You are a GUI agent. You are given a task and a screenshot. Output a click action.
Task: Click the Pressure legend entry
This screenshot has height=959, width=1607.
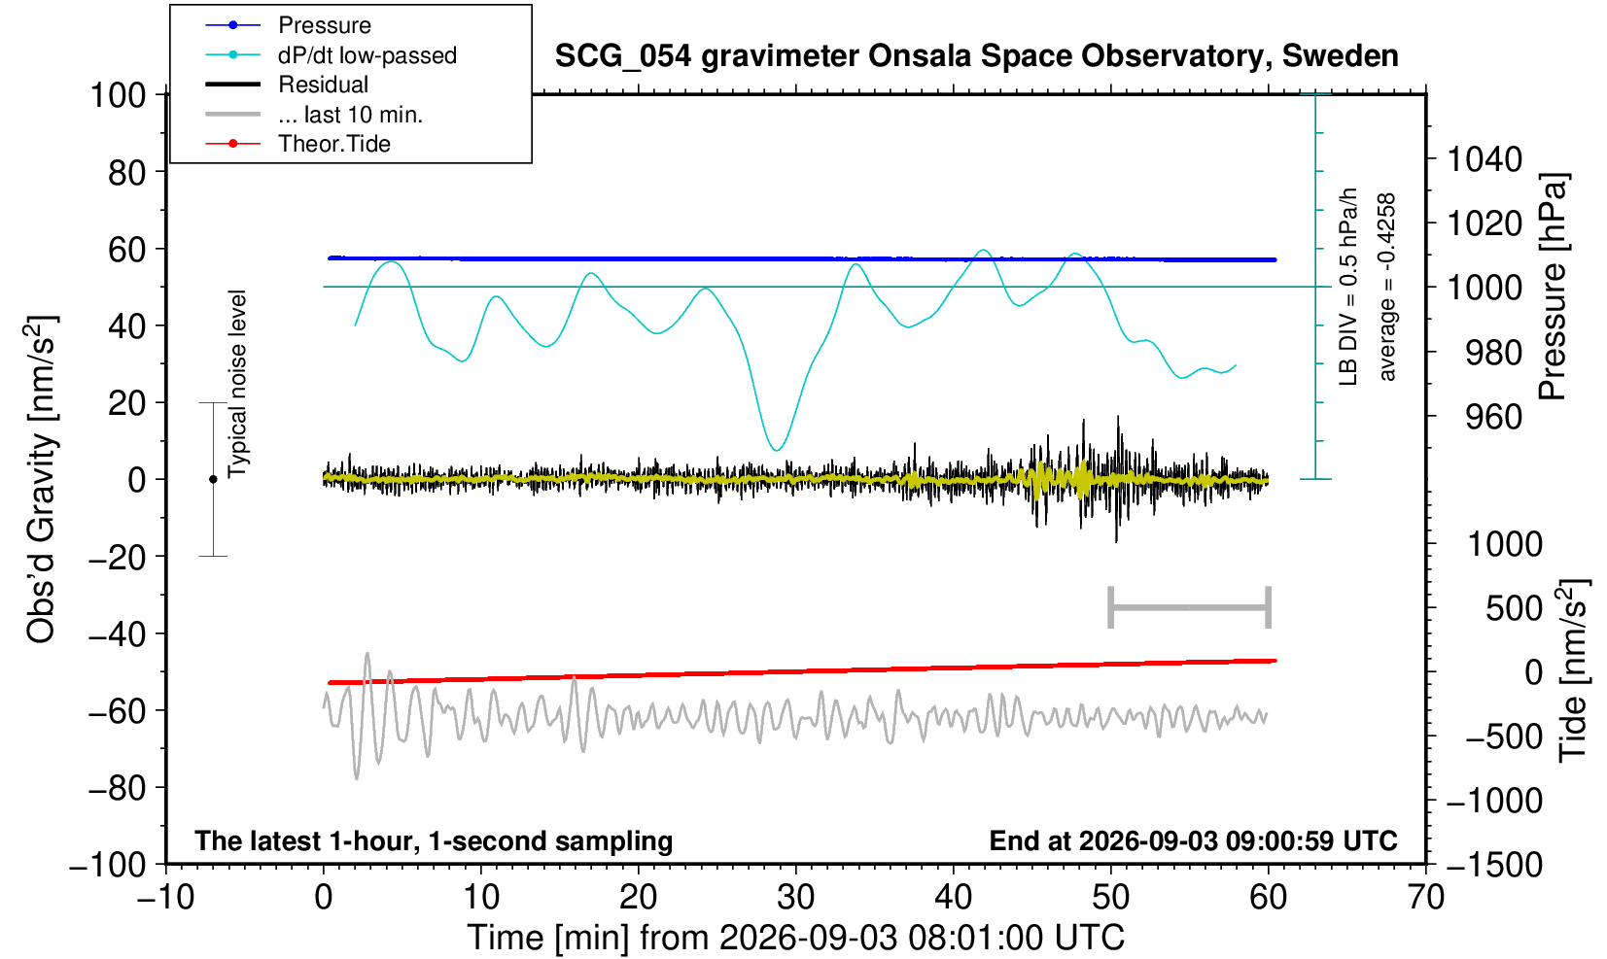[325, 25]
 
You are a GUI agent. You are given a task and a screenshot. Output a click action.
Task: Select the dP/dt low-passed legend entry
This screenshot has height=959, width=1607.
[367, 55]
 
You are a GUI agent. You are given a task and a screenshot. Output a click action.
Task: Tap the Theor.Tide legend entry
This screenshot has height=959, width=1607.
[334, 144]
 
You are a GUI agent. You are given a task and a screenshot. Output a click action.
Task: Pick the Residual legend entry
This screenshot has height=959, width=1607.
[323, 85]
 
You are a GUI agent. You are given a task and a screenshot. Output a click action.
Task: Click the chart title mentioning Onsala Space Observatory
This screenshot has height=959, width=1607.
[976, 56]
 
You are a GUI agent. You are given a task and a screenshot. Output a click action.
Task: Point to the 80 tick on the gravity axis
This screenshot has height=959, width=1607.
[127, 172]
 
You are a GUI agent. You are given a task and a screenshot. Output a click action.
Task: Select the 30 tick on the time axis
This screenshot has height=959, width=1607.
[795, 897]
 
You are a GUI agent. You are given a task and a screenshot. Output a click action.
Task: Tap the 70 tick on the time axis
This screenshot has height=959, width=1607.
[1425, 897]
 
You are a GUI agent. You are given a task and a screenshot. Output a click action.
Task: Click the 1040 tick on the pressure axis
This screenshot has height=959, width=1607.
[1485, 158]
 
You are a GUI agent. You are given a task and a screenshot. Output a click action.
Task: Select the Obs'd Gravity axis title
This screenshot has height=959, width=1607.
[41, 478]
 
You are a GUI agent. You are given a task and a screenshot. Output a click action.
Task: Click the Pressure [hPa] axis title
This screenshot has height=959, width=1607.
[1554, 287]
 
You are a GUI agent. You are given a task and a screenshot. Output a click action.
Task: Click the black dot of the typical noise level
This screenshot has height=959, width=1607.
[213, 479]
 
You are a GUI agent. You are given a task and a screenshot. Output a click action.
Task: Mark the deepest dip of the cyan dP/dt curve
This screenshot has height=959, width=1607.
[777, 450]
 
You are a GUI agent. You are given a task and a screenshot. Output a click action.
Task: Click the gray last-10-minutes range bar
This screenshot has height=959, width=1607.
[1190, 607]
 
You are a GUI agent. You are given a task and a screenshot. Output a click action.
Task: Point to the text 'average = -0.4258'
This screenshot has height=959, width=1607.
[1386, 287]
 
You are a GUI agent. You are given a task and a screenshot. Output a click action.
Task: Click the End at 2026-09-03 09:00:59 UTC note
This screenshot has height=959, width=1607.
[1193, 840]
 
